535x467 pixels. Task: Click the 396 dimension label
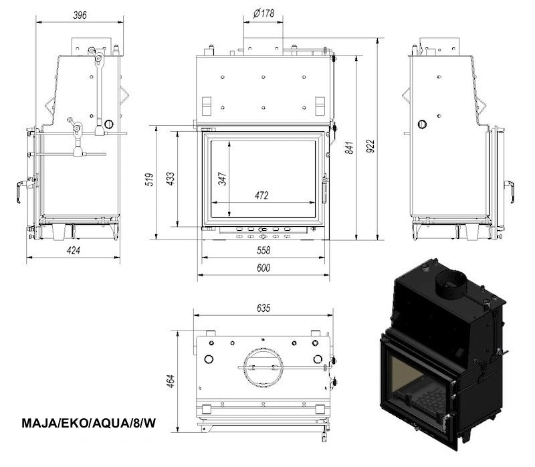[x=80, y=15]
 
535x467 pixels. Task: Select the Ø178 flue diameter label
[x=263, y=13]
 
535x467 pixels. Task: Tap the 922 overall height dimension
[x=370, y=146]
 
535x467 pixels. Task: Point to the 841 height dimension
[x=349, y=147]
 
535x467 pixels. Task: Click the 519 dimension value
[x=149, y=180]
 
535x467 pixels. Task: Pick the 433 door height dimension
[x=170, y=179]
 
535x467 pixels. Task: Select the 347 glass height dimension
[x=222, y=179]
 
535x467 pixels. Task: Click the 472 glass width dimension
[x=261, y=195]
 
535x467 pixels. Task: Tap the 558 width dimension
[x=263, y=251]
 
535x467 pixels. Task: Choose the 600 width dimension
[x=263, y=268]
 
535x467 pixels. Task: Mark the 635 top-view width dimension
[x=263, y=308]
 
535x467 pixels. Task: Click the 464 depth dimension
[x=171, y=381]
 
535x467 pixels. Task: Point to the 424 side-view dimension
[x=74, y=251]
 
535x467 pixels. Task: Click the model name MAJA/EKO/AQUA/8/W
[x=89, y=423]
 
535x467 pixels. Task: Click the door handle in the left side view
[x=21, y=191]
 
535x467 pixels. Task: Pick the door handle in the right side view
[x=510, y=191]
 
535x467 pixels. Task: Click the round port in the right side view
[x=422, y=124]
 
